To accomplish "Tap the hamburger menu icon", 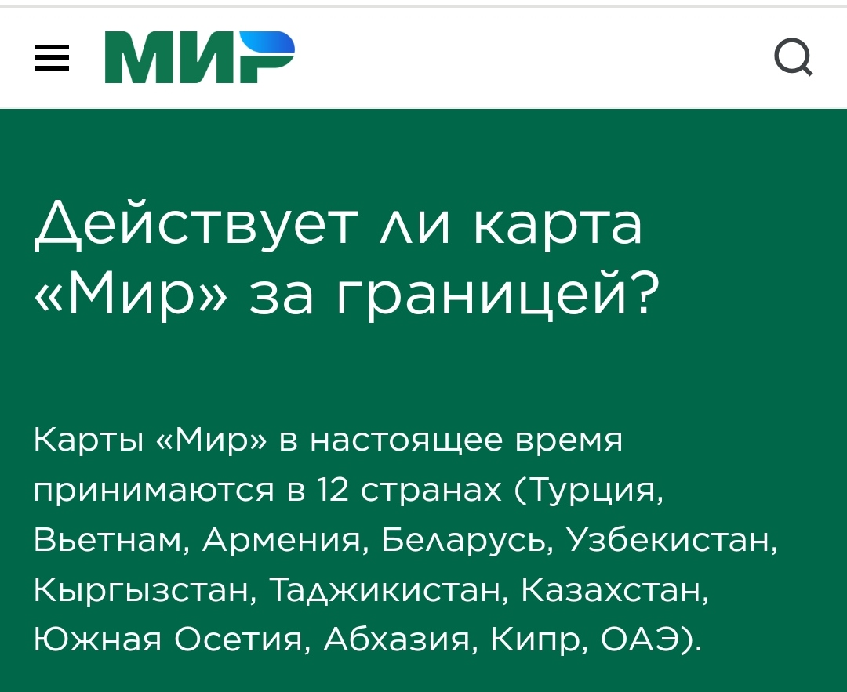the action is click(x=52, y=58).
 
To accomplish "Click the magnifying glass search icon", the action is click(x=794, y=57).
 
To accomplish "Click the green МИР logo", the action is click(x=200, y=57).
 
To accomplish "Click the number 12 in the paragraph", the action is click(x=333, y=490).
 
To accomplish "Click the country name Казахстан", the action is click(x=615, y=589).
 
